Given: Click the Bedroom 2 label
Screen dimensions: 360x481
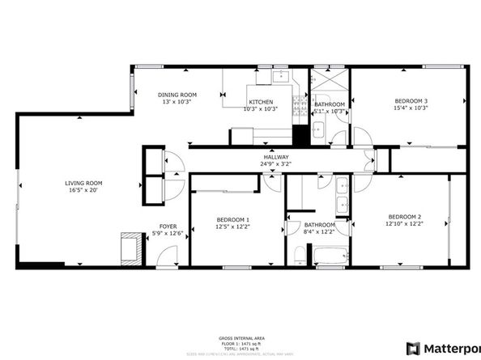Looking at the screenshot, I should [404, 216].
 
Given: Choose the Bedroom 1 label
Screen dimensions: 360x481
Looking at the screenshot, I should [232, 220].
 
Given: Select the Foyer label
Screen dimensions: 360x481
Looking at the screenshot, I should [168, 227].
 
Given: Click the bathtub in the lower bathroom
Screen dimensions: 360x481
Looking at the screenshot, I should [329, 257].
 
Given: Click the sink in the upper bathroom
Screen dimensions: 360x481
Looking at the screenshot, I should [317, 129].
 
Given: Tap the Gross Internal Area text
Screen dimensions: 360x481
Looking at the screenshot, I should [240, 338].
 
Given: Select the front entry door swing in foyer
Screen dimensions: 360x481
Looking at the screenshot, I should [166, 256].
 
